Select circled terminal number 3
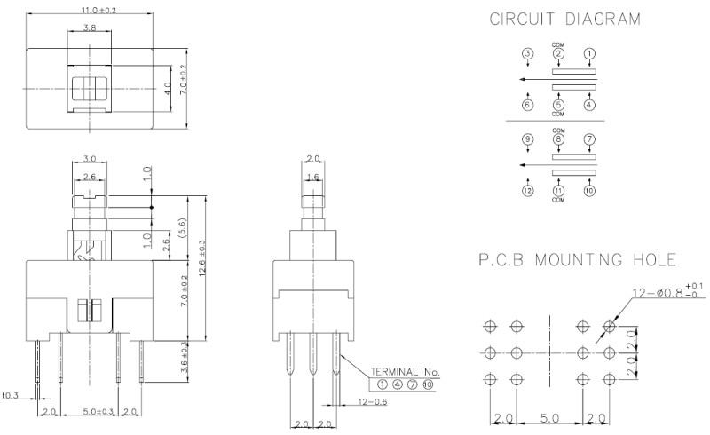(527, 54)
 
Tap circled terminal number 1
(589, 54)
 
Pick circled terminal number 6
(527, 105)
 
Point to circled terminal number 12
(527, 190)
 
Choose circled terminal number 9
(527, 139)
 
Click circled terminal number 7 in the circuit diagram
(589, 139)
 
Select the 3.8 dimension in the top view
(90, 28)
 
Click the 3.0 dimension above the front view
(89, 159)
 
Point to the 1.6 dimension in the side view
(312, 178)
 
